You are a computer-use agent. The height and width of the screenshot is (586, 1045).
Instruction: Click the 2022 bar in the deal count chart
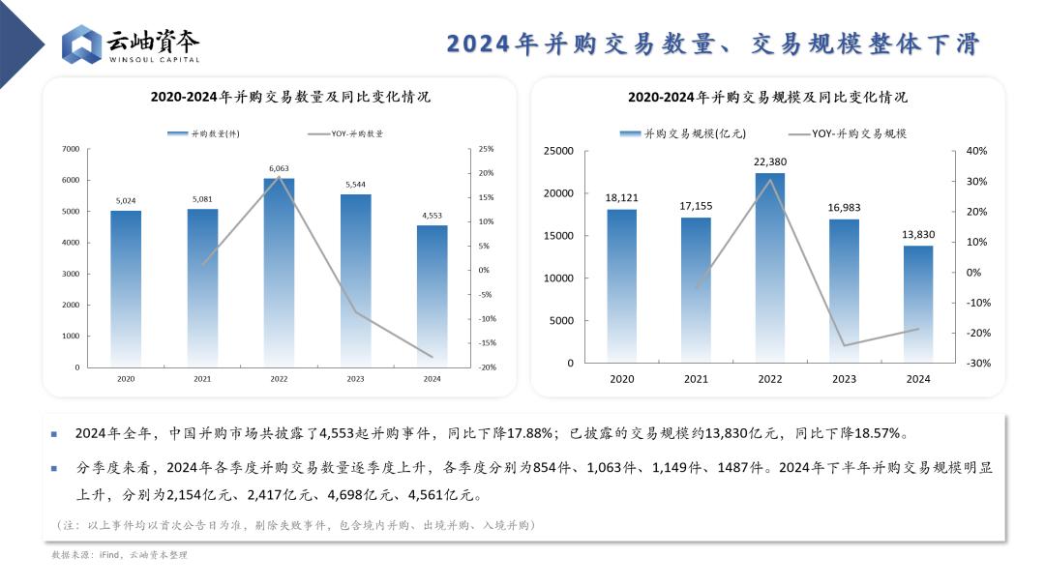click(x=279, y=273)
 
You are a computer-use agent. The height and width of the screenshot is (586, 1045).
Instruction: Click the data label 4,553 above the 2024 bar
click(x=433, y=216)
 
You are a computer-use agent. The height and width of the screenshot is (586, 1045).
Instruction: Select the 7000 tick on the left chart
click(x=71, y=149)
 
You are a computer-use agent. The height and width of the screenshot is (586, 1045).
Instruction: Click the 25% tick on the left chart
click(x=486, y=149)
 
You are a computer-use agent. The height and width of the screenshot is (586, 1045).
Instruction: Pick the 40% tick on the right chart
click(x=976, y=151)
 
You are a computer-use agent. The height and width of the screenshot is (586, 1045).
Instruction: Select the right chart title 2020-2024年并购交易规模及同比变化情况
click(x=767, y=97)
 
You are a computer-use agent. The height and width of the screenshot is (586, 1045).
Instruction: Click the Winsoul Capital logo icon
click(x=81, y=44)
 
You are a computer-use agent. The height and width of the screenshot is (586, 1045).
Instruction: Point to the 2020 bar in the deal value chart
click(x=621, y=286)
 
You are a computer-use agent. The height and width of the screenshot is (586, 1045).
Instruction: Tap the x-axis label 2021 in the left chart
click(x=202, y=379)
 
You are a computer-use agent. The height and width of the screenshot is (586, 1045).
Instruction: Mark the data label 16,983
click(x=844, y=208)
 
